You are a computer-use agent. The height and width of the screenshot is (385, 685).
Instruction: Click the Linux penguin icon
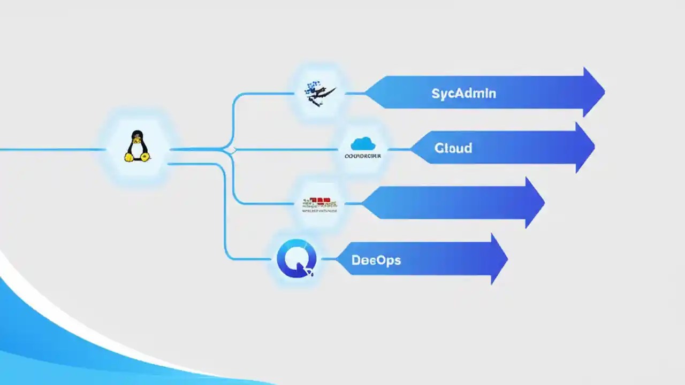[137, 146]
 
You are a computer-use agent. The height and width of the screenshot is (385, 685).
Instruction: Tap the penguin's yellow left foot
[129, 157]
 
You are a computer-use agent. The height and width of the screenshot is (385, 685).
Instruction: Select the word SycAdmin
[463, 94]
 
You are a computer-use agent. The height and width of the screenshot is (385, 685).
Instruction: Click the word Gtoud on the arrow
[453, 148]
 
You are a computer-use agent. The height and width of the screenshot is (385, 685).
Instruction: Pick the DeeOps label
[376, 260]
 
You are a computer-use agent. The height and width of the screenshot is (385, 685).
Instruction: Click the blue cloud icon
[363, 143]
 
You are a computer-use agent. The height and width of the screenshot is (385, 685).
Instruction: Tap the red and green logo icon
[320, 202]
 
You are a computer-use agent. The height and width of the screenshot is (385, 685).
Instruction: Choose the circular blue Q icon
[296, 259]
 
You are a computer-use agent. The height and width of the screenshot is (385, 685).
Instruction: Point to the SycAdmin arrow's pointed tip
[603, 93]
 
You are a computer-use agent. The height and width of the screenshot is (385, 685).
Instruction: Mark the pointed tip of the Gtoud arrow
[593, 147]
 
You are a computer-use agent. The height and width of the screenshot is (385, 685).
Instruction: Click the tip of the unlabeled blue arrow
[543, 203]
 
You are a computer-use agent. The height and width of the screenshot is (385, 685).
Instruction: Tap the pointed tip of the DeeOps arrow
[506, 259]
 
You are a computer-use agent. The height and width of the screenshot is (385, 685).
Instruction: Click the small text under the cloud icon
[363, 156]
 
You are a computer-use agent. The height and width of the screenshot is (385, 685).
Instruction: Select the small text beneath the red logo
[319, 211]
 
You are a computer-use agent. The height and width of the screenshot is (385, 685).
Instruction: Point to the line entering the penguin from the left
[54, 150]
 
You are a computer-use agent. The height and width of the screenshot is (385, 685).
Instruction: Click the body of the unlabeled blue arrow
[444, 203]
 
